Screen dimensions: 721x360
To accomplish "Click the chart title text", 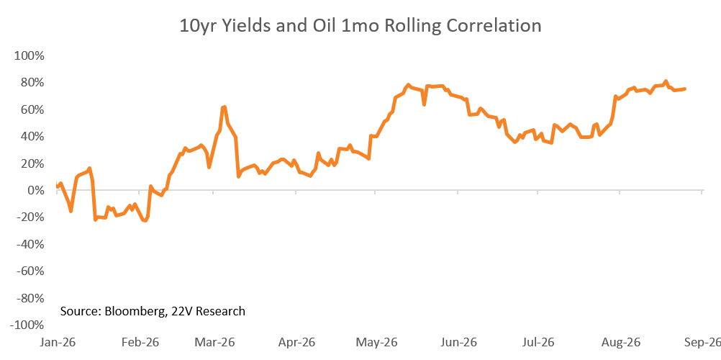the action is [360, 26].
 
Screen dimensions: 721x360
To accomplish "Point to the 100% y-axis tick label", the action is [30, 55].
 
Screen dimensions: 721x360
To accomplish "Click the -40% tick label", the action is [30, 245].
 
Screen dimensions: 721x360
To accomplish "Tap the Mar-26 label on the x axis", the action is [214, 343].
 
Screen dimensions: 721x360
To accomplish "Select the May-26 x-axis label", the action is [375, 343].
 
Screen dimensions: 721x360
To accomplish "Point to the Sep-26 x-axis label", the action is [702, 343].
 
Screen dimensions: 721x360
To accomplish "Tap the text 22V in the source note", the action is [176, 311].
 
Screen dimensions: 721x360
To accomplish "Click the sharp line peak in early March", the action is [224, 107].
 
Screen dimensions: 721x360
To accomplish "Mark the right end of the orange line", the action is [685, 89].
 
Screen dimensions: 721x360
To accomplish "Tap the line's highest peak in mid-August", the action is [666, 81].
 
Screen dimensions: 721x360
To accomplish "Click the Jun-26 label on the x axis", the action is [458, 343].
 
